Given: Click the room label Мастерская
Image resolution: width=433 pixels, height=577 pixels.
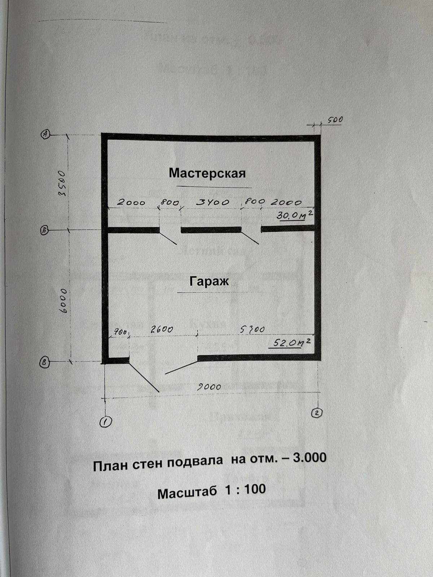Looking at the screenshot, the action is [207, 173].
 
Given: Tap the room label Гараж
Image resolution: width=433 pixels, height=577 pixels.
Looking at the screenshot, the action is [209, 281].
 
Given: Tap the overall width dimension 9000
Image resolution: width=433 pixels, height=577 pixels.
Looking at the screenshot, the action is [209, 387].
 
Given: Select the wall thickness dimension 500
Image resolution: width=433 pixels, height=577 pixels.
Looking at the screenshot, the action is [335, 119].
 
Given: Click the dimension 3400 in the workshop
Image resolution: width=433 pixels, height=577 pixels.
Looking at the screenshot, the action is [213, 202].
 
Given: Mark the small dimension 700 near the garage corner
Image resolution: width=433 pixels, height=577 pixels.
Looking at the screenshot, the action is [119, 331].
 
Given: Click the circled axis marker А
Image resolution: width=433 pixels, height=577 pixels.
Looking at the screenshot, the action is [45, 134].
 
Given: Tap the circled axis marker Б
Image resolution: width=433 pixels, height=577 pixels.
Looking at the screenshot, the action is [45, 231].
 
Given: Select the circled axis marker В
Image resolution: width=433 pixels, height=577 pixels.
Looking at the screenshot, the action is [44, 362].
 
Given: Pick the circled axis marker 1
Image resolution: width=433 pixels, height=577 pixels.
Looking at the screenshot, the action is [106, 422].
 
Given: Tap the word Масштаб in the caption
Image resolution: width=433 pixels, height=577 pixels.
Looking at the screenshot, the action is [187, 493].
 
